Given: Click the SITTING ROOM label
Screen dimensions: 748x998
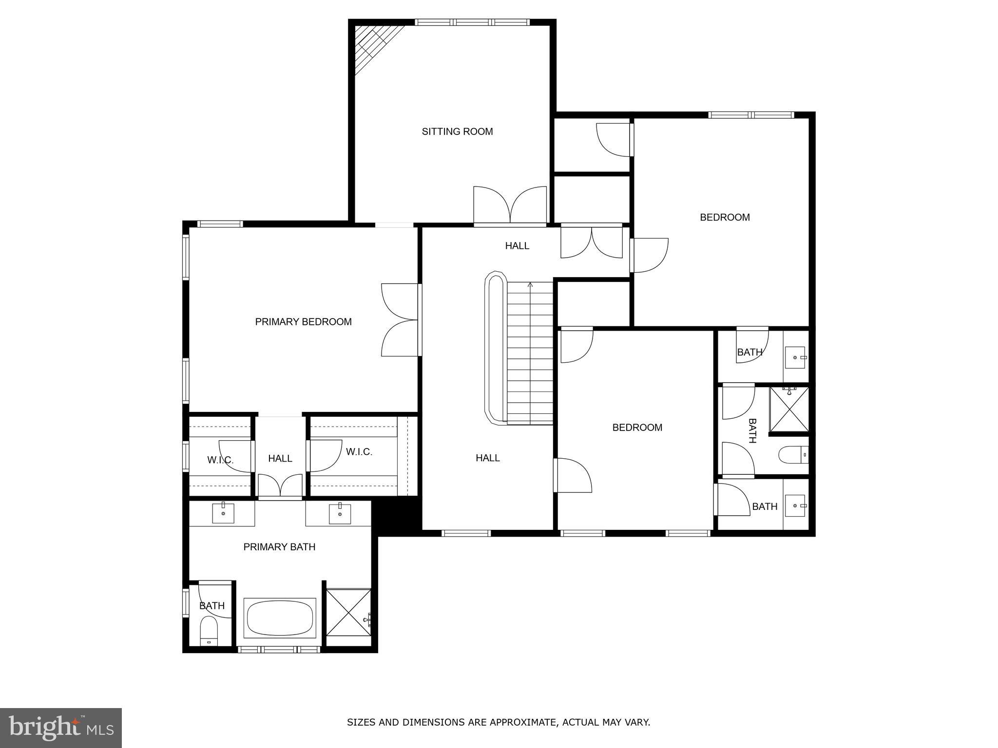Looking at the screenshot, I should point(457,131).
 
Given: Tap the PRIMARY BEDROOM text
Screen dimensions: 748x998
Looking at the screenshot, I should point(303,322).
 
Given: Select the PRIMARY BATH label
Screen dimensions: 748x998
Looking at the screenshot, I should point(279,547).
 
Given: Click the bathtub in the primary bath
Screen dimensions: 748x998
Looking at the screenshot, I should point(280,618).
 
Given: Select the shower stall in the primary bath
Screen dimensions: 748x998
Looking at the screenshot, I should point(348,612).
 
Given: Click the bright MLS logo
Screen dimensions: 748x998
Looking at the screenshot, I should point(61,728).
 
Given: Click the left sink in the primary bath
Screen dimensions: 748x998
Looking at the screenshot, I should point(223,513).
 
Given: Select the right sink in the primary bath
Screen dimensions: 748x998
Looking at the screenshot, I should point(340,513).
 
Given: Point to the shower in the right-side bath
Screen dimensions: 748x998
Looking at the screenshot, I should point(788,409).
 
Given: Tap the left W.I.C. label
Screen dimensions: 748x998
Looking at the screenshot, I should point(220,460).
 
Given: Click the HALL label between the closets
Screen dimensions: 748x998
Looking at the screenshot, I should point(280,458).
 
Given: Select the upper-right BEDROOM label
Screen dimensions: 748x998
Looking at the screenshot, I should point(725,217).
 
